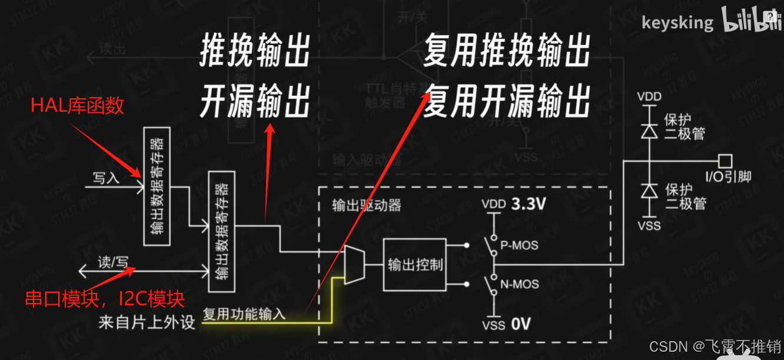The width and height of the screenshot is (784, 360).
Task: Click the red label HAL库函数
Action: [x=78, y=105]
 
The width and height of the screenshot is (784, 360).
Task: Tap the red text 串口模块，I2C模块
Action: [x=105, y=299]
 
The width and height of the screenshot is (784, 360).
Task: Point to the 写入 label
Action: [x=106, y=178]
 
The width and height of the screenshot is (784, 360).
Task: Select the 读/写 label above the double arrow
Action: [x=112, y=262]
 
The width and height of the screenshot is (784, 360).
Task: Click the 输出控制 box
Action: [x=415, y=265]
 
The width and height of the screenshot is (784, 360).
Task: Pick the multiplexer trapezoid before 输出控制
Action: [x=354, y=265]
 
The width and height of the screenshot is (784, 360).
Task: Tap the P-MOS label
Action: [x=519, y=245]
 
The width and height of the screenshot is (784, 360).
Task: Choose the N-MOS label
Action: [x=519, y=284]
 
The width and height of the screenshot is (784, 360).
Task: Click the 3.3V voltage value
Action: [x=529, y=205]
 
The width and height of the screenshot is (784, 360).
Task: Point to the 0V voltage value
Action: [x=521, y=324]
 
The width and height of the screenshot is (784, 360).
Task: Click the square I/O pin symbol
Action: [x=725, y=160]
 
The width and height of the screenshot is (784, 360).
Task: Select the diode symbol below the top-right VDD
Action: [x=649, y=132]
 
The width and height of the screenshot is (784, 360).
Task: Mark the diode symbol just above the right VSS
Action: [x=649, y=191]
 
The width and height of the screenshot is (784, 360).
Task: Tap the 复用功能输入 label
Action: [x=244, y=314]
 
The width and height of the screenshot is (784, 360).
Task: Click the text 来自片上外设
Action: [x=147, y=322]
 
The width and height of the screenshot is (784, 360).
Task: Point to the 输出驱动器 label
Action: [x=367, y=205]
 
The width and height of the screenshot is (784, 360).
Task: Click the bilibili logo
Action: [x=748, y=22]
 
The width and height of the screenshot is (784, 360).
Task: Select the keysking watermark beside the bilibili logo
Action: [x=677, y=23]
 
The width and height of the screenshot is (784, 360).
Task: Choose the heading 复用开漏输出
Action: [x=507, y=101]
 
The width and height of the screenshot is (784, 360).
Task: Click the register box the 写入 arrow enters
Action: [x=157, y=186]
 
